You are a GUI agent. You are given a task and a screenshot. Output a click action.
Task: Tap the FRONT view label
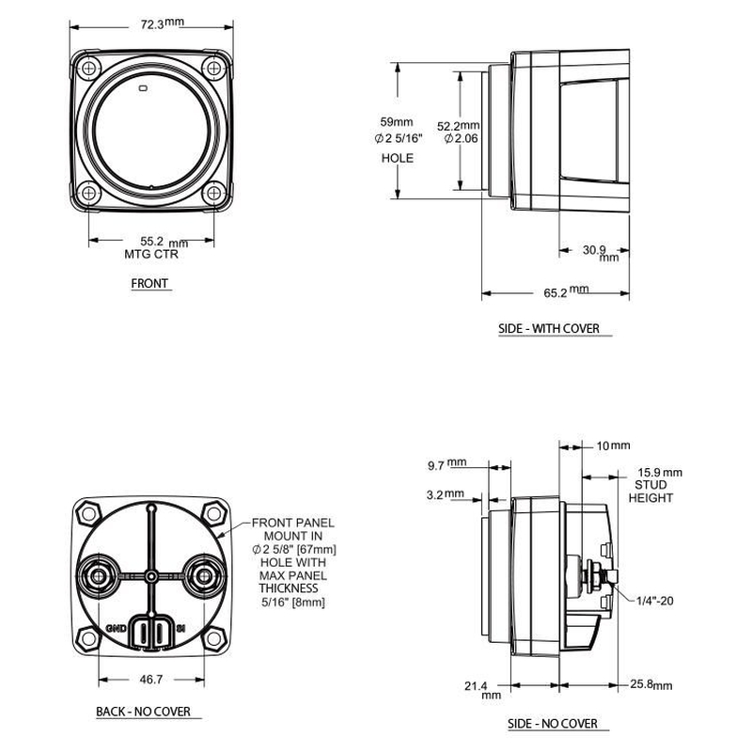[150, 283]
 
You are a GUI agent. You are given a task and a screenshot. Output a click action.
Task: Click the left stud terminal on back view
[96, 574]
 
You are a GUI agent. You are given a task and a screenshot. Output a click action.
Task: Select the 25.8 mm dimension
[651, 686]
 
